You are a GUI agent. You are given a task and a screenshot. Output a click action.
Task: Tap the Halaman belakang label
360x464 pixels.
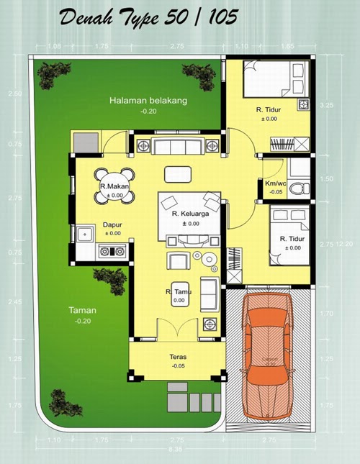(148, 101)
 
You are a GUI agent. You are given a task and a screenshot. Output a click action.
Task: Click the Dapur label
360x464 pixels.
(112, 224)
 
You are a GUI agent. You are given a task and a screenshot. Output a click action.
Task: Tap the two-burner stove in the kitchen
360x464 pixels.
(111, 252)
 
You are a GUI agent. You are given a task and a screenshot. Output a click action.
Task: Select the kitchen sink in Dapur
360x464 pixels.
(86, 234)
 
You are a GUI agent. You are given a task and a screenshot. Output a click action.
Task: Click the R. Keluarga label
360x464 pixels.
(189, 214)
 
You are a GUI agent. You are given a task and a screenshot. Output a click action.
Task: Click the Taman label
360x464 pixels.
(83, 311)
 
